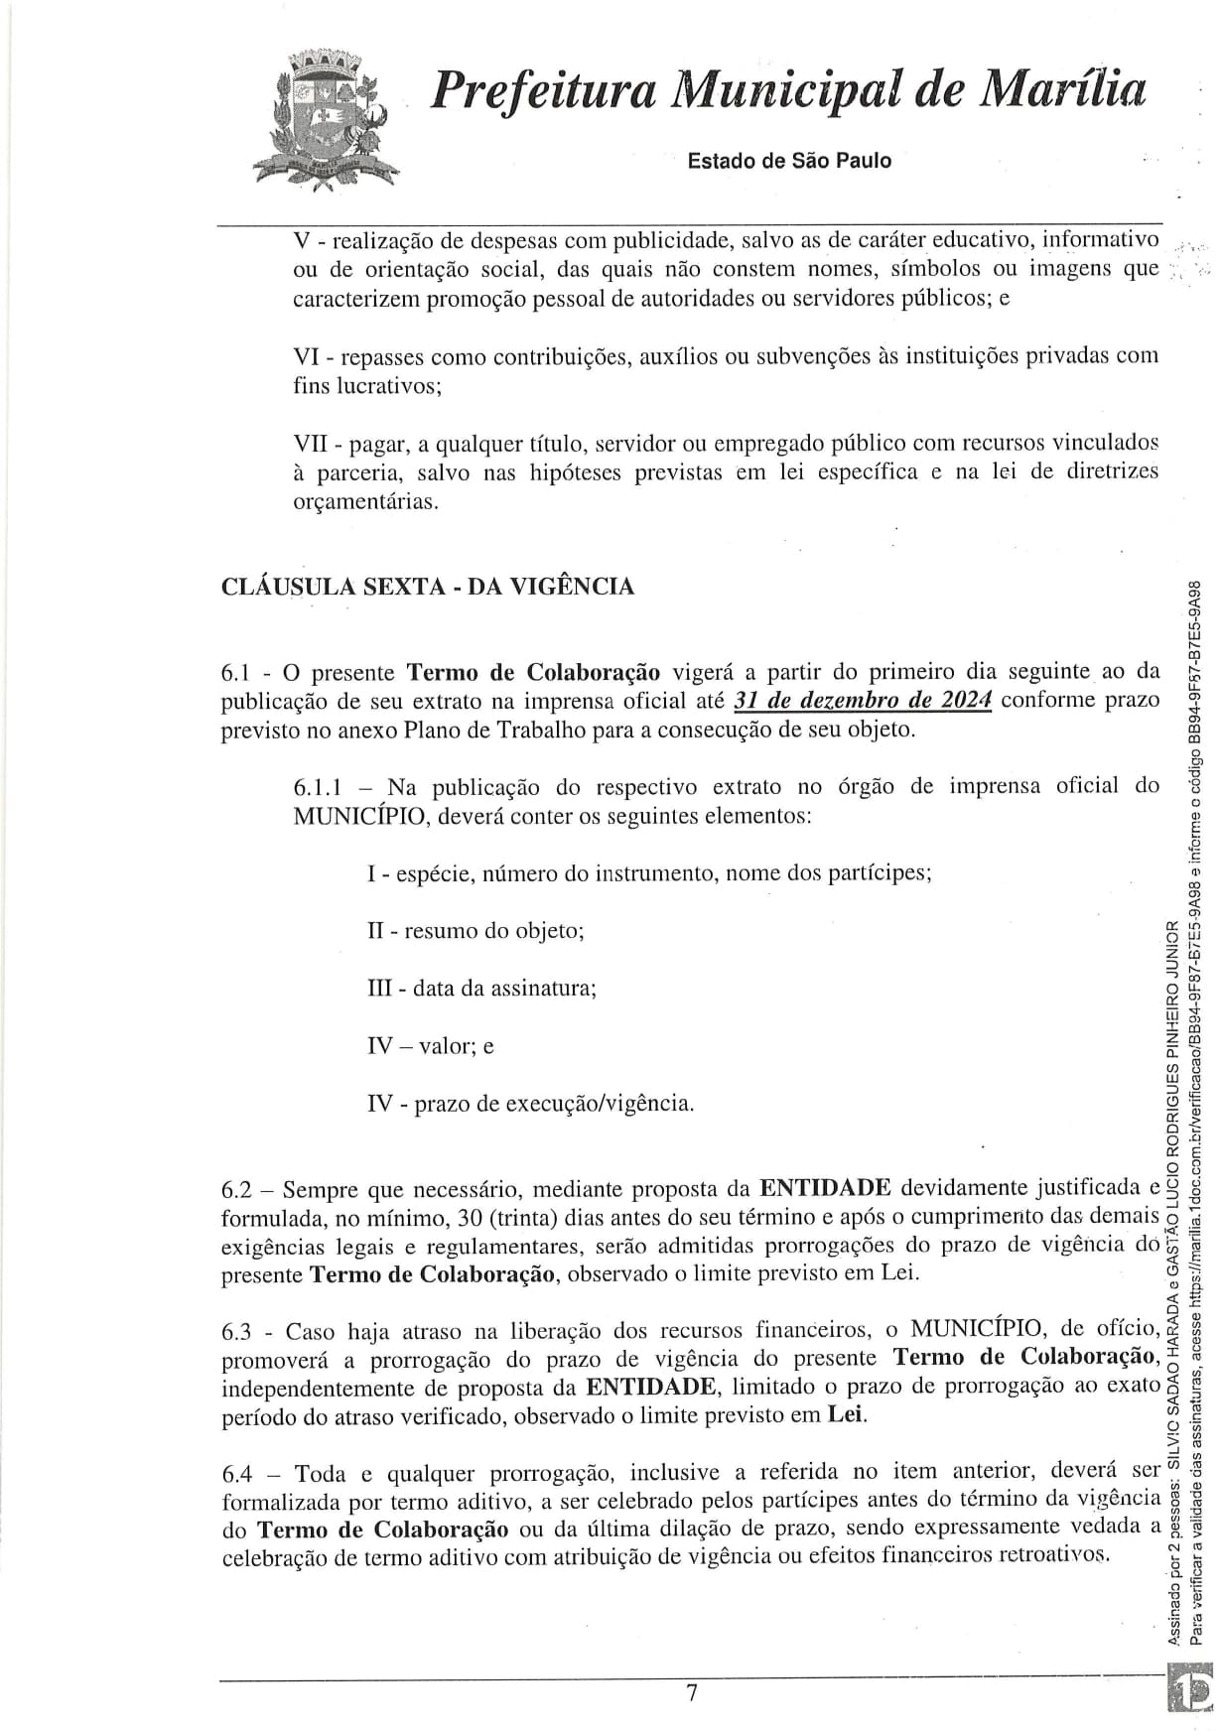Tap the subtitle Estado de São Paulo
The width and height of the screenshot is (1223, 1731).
[x=789, y=161]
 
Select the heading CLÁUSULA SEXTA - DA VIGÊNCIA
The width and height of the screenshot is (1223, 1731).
[x=428, y=587]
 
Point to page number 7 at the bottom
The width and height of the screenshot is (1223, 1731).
[x=692, y=1693]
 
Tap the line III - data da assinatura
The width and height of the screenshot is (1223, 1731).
[x=481, y=989]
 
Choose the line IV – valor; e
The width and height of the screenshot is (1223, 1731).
[x=431, y=1046]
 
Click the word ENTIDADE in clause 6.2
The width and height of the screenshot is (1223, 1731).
[x=825, y=1188]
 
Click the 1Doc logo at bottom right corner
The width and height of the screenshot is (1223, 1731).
[x=1192, y=1693]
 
